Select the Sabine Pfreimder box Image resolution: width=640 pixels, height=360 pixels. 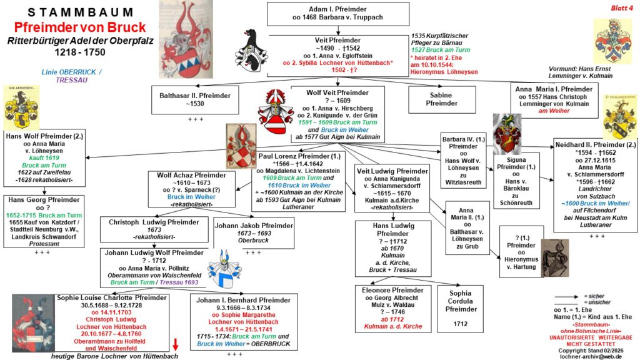[441, 99]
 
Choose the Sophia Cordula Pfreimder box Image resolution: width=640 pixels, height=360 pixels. [460, 306]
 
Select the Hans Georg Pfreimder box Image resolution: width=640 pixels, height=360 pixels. [43, 221]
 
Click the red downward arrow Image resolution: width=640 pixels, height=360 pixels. [176, 342]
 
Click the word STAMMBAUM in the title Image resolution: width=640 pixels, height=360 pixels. [81, 12]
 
